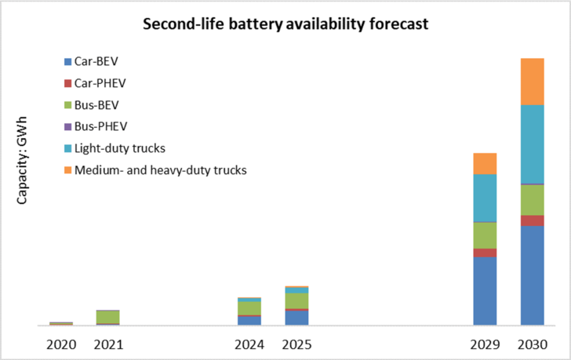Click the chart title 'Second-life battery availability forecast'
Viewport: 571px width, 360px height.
point(285,24)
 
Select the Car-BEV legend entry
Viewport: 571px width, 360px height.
point(97,60)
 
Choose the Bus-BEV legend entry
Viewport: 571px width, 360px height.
point(97,104)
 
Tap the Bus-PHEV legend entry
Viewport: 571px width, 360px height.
point(100,125)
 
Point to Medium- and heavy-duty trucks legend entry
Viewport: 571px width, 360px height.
point(158,169)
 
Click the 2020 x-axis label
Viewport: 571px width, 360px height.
point(61,344)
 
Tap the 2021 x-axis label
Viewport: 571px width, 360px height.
point(108,344)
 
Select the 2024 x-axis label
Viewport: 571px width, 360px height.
point(249,344)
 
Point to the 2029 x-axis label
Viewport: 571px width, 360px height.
point(486,344)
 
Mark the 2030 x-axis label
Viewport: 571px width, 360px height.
point(533,344)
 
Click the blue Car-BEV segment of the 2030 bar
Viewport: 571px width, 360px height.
point(533,275)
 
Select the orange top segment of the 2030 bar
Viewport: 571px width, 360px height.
point(533,82)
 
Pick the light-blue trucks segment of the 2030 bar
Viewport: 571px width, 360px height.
point(533,144)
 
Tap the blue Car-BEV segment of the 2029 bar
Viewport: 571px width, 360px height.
point(486,291)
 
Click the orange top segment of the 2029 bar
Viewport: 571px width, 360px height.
point(486,163)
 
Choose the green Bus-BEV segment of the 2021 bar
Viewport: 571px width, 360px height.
point(108,317)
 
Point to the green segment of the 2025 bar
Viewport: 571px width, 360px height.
point(296,301)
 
